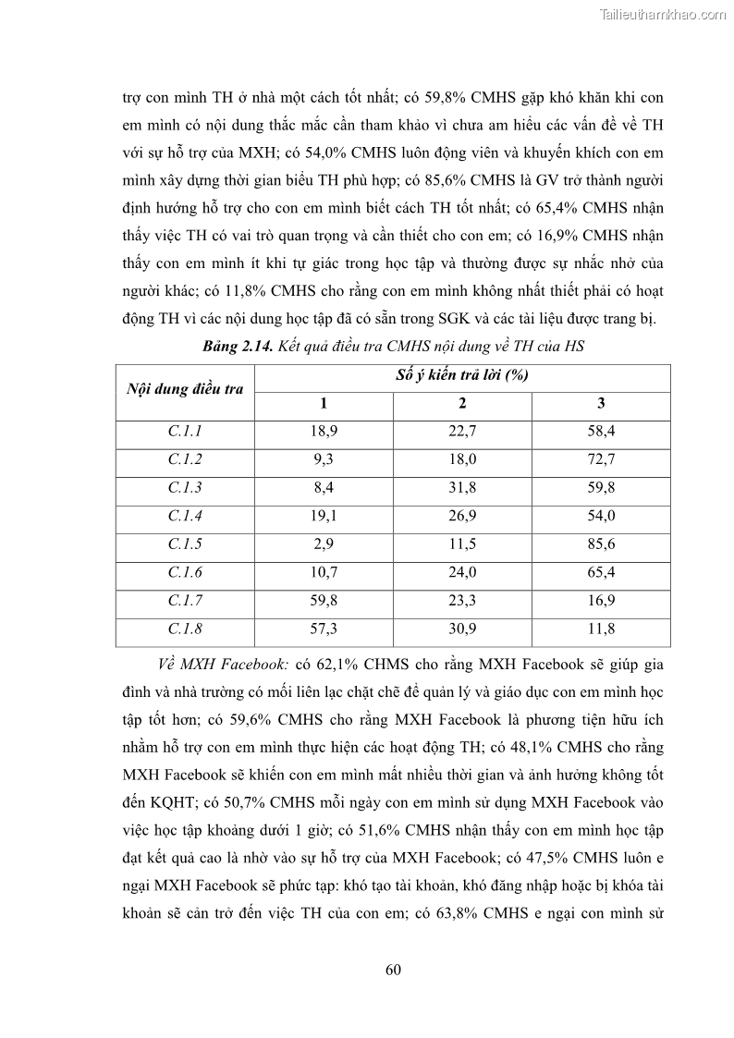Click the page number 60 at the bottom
[392, 970]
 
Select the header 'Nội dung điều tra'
[185, 389]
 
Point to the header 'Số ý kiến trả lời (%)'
[462, 375]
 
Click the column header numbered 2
[462, 403]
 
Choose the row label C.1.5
[185, 543]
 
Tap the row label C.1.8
[185, 629]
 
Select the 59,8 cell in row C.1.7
[324, 600]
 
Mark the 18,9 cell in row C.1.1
[324, 431]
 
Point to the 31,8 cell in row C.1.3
[462, 487]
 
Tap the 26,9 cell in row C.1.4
[462, 516]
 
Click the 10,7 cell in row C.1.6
[324, 572]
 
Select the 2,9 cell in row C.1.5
[324, 543]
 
